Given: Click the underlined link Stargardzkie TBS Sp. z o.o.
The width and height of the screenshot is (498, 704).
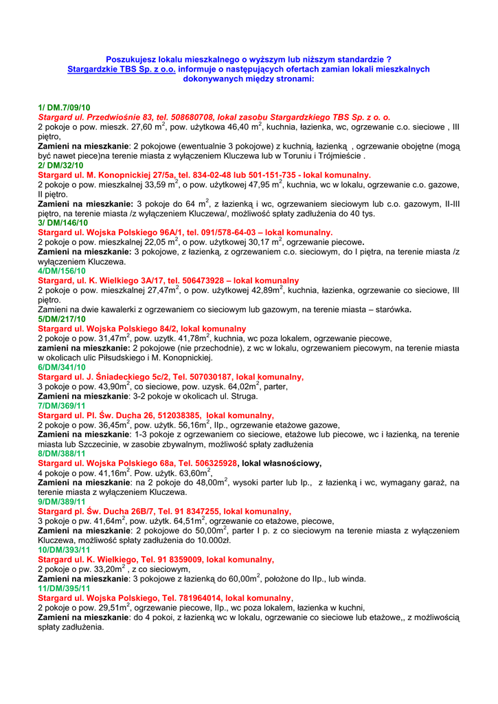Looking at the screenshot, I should pos(122,69).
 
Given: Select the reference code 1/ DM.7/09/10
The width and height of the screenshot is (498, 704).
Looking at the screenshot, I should pos(64,108).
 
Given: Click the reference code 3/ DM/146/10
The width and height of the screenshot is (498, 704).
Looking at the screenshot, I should pos(63,223).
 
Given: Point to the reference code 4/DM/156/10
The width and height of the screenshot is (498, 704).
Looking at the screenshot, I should pos(63,271).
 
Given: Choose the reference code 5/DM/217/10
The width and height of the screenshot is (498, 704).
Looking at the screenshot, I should pos(62,319).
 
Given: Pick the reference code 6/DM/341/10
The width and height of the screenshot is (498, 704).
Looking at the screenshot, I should pos(62,368).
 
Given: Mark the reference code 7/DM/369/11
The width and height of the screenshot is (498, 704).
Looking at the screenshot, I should pos(62,406).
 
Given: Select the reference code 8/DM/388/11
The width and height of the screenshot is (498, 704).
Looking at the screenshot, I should pos(62,454).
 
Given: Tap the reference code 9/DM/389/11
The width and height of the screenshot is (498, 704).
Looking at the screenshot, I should pos(62,502).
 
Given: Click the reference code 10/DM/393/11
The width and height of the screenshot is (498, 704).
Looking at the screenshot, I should pos(64,550).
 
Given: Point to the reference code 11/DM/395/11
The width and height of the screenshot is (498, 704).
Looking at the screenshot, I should pos(64,588).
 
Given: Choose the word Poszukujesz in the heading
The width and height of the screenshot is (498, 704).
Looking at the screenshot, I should pos(132,60).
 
